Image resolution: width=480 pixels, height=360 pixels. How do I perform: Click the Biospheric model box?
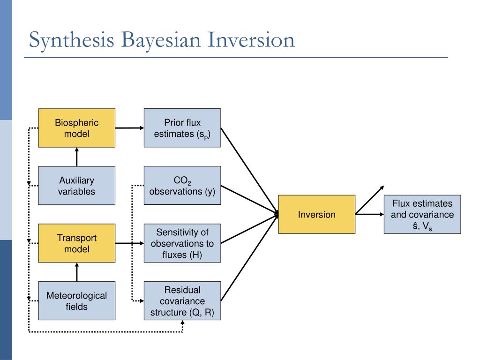tap(76, 128)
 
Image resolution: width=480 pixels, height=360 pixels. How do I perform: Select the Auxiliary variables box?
tap(76, 186)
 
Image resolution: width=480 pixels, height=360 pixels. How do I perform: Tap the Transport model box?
tap(76, 243)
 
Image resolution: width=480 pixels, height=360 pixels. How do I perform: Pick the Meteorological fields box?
tap(76, 300)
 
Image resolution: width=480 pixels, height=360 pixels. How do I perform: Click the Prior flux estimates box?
tap(182, 128)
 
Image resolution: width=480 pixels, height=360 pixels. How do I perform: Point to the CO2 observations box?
tap(182, 186)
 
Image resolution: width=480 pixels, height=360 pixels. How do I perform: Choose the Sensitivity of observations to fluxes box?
tap(182, 243)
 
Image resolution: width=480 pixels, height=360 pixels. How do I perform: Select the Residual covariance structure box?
tap(182, 300)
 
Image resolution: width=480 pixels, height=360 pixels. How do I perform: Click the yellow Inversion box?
tap(316, 214)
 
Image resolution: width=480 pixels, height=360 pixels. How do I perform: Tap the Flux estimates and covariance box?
tap(422, 214)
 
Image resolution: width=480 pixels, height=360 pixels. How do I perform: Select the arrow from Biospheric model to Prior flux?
tap(129, 127)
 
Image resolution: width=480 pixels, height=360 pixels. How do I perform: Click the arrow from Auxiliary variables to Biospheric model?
tap(76, 157)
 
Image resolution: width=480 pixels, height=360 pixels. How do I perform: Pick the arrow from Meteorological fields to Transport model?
tap(76, 271)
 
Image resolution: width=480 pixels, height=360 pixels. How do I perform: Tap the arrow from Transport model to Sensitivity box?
tap(129, 243)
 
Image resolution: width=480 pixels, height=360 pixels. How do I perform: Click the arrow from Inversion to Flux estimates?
tap(369, 214)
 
